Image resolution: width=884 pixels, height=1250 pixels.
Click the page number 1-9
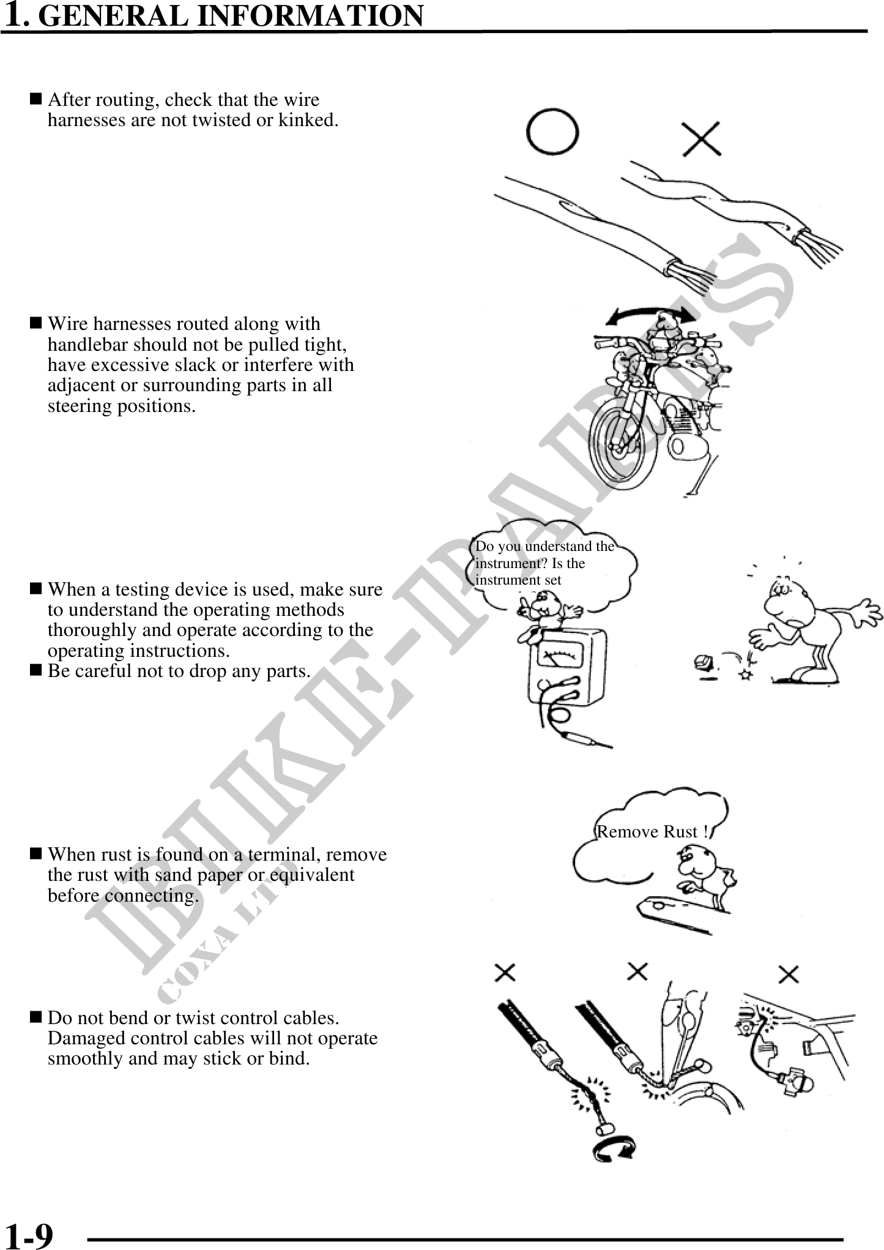click(x=28, y=1235)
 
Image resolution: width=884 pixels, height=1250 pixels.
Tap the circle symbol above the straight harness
click(x=553, y=132)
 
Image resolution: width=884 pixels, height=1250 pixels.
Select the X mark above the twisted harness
click(x=702, y=138)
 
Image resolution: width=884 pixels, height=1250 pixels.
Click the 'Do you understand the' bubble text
click(x=544, y=546)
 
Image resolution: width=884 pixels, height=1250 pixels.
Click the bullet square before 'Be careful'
click(x=35, y=670)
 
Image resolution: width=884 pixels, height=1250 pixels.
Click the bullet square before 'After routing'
click(x=35, y=99)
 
